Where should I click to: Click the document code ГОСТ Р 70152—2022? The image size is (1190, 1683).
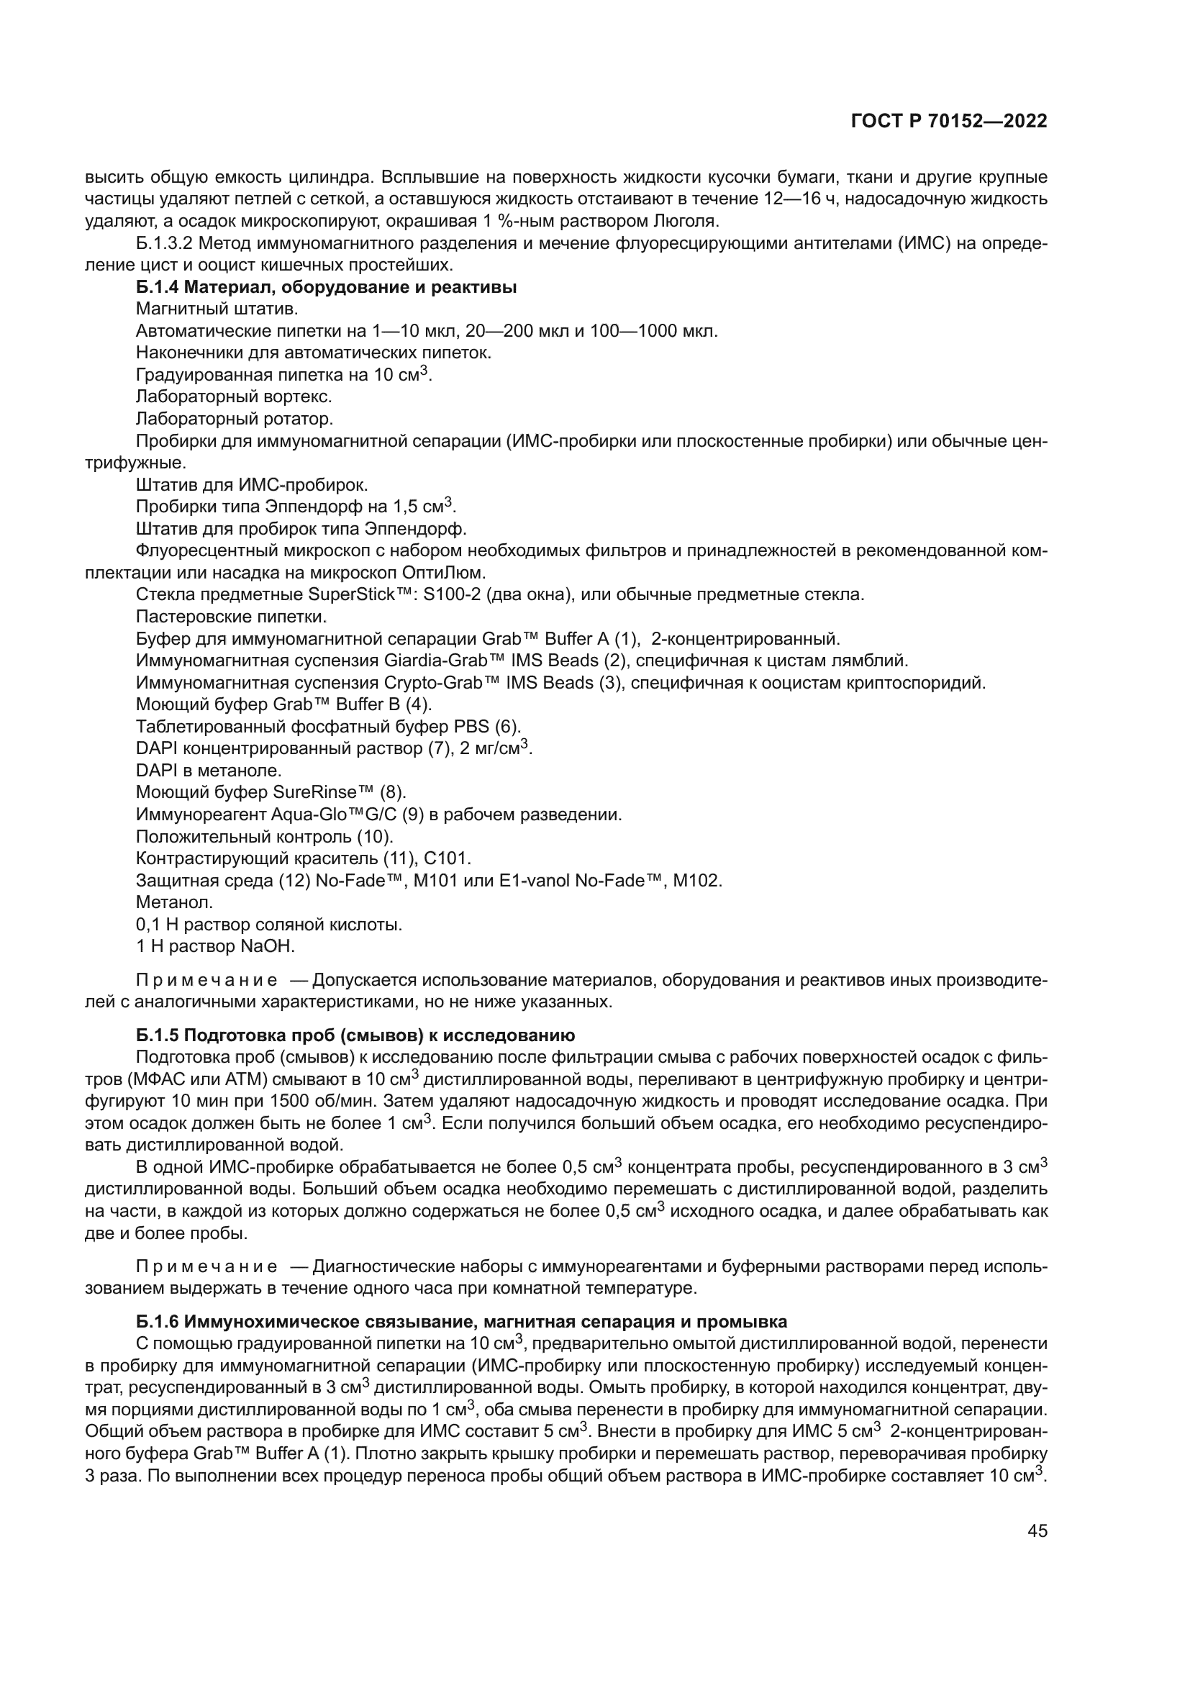click(x=949, y=122)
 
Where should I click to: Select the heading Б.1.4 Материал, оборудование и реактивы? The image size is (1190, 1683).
click(x=326, y=287)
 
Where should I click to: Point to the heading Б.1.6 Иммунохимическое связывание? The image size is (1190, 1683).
click(x=461, y=1322)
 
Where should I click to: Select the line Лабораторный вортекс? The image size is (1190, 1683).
click(x=234, y=397)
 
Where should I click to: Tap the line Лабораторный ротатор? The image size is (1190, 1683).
click(x=235, y=419)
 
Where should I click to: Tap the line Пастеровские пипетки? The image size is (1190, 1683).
click(x=231, y=617)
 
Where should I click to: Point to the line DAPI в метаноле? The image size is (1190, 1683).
click(x=209, y=771)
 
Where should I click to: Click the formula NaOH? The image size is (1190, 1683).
click(x=267, y=946)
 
